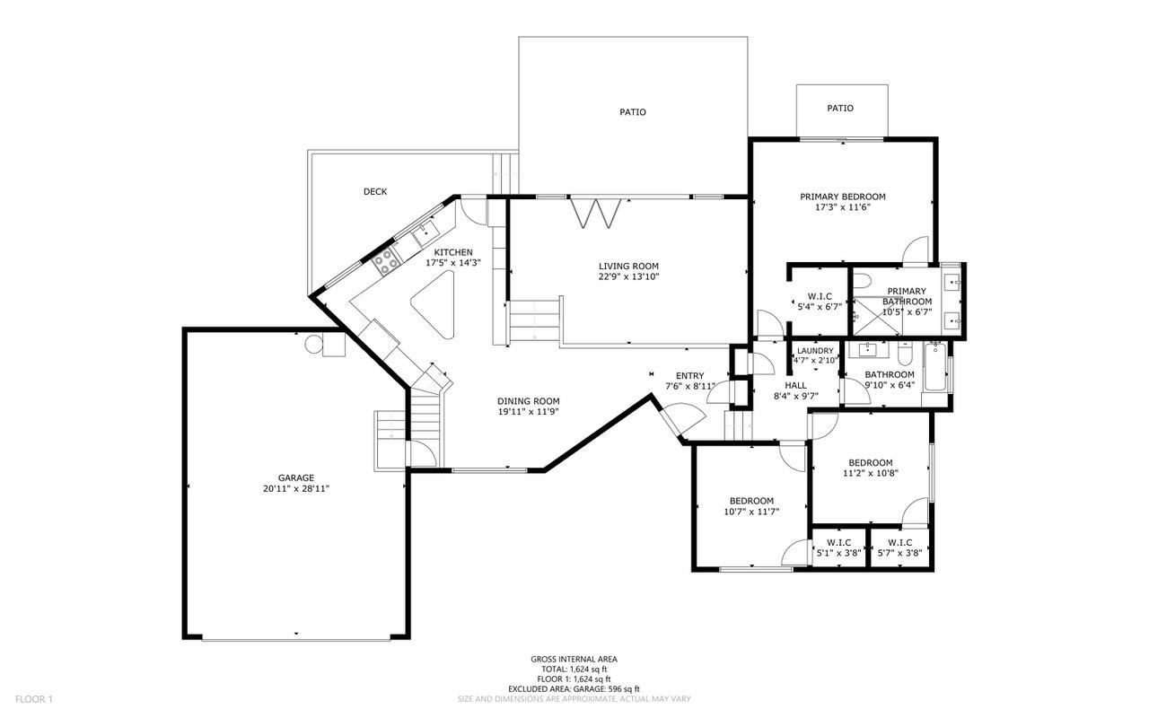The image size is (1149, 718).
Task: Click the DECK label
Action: [375, 192]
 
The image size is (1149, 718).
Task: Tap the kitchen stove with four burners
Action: [387, 261]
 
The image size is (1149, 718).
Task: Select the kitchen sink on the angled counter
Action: [425, 233]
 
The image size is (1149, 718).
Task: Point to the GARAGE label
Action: [296, 478]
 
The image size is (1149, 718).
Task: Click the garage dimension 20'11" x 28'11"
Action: [296, 489]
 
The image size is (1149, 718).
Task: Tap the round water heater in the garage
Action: [313, 344]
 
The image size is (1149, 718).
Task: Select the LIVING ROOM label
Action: [628, 267]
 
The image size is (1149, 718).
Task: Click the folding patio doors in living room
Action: [595, 213]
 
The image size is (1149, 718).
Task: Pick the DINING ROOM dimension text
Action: [529, 412]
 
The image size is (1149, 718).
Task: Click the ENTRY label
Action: [690, 376]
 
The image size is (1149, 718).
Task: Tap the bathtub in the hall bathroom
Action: [936, 368]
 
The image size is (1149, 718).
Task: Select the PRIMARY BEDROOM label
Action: [843, 197]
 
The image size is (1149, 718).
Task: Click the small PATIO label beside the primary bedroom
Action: [840, 109]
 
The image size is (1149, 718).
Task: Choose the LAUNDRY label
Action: [815, 351]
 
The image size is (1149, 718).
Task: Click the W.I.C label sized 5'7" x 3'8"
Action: [899, 543]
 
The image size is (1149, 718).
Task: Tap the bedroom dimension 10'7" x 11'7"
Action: [751, 512]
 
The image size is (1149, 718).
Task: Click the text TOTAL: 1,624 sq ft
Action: [574, 670]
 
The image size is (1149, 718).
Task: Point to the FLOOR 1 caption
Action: [34, 699]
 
